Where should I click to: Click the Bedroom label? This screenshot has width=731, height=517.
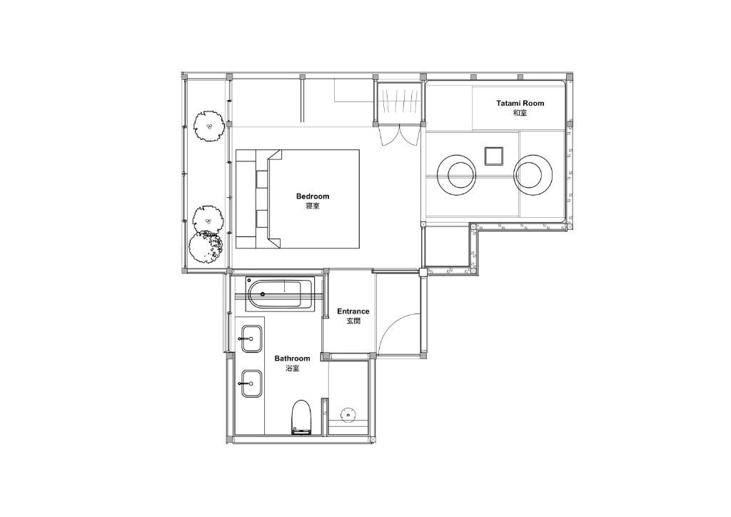[x=313, y=196]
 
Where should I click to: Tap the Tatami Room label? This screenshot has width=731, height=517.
[x=520, y=103]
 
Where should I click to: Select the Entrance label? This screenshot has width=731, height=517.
[x=353, y=311]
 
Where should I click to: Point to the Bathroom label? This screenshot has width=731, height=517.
[x=292, y=358]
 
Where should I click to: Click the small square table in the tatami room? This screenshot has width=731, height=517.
[x=493, y=156]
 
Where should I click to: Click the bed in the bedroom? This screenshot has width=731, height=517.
[x=298, y=199]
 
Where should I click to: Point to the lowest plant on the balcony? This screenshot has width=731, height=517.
[x=205, y=247]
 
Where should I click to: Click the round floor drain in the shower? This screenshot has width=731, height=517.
[x=348, y=414]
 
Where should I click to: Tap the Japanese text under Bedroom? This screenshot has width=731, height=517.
[x=313, y=206]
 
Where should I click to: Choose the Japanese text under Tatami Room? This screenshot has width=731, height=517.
[x=520, y=113]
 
